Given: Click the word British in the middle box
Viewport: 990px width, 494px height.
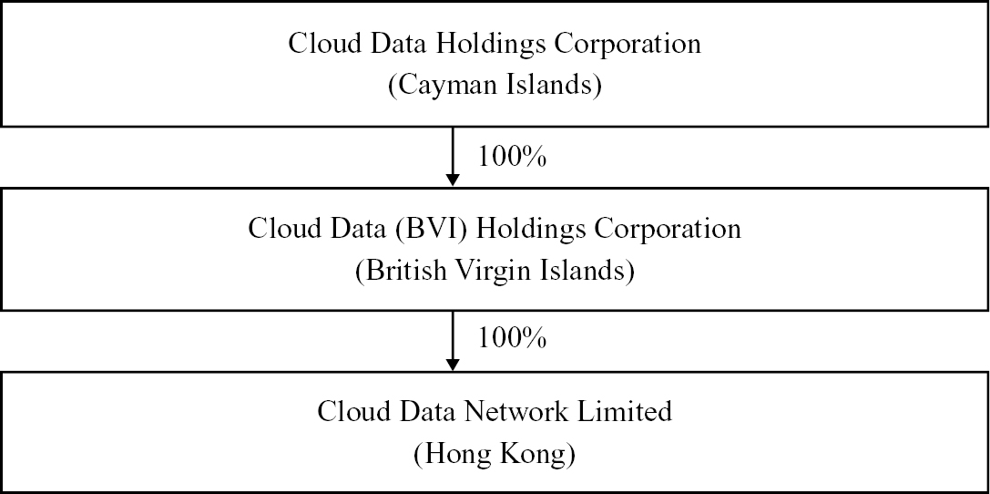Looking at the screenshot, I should pyautogui.click(x=399, y=271).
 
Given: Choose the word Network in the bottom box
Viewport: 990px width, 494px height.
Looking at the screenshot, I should pyautogui.click(x=505, y=411).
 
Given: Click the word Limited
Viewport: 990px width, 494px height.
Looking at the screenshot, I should pyautogui.click(x=626, y=411).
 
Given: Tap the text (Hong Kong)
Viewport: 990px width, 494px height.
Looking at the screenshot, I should pyautogui.click(x=495, y=455).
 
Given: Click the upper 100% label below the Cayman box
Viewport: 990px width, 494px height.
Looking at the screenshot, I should pyautogui.click(x=512, y=157).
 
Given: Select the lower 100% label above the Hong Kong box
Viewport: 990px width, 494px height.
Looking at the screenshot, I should pyautogui.click(x=512, y=339).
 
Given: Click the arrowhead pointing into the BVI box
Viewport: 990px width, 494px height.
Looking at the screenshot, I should pyautogui.click(x=453, y=180).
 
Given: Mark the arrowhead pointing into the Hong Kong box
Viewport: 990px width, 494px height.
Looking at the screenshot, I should pyautogui.click(x=453, y=364).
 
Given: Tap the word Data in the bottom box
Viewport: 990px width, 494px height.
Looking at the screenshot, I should pyautogui.click(x=421, y=411).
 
